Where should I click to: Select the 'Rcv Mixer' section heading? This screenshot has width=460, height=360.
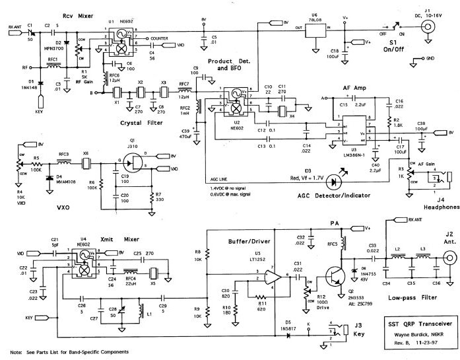[x=76, y=15]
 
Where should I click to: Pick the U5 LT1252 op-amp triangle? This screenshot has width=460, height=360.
[x=273, y=275]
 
